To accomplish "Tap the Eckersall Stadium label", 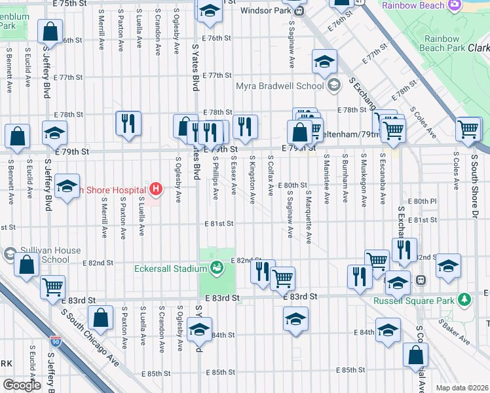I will pos(171,268).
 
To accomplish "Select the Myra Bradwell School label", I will pos(282,85).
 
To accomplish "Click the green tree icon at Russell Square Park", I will pos(465,299).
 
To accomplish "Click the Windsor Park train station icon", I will pos(299,10).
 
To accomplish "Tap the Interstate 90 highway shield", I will pos(55,341).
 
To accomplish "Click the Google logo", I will pos(22,385).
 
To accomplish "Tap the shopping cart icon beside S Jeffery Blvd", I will pos(52,287).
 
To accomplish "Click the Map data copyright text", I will pos(462,388).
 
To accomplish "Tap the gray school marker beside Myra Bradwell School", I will pos(334,84).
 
